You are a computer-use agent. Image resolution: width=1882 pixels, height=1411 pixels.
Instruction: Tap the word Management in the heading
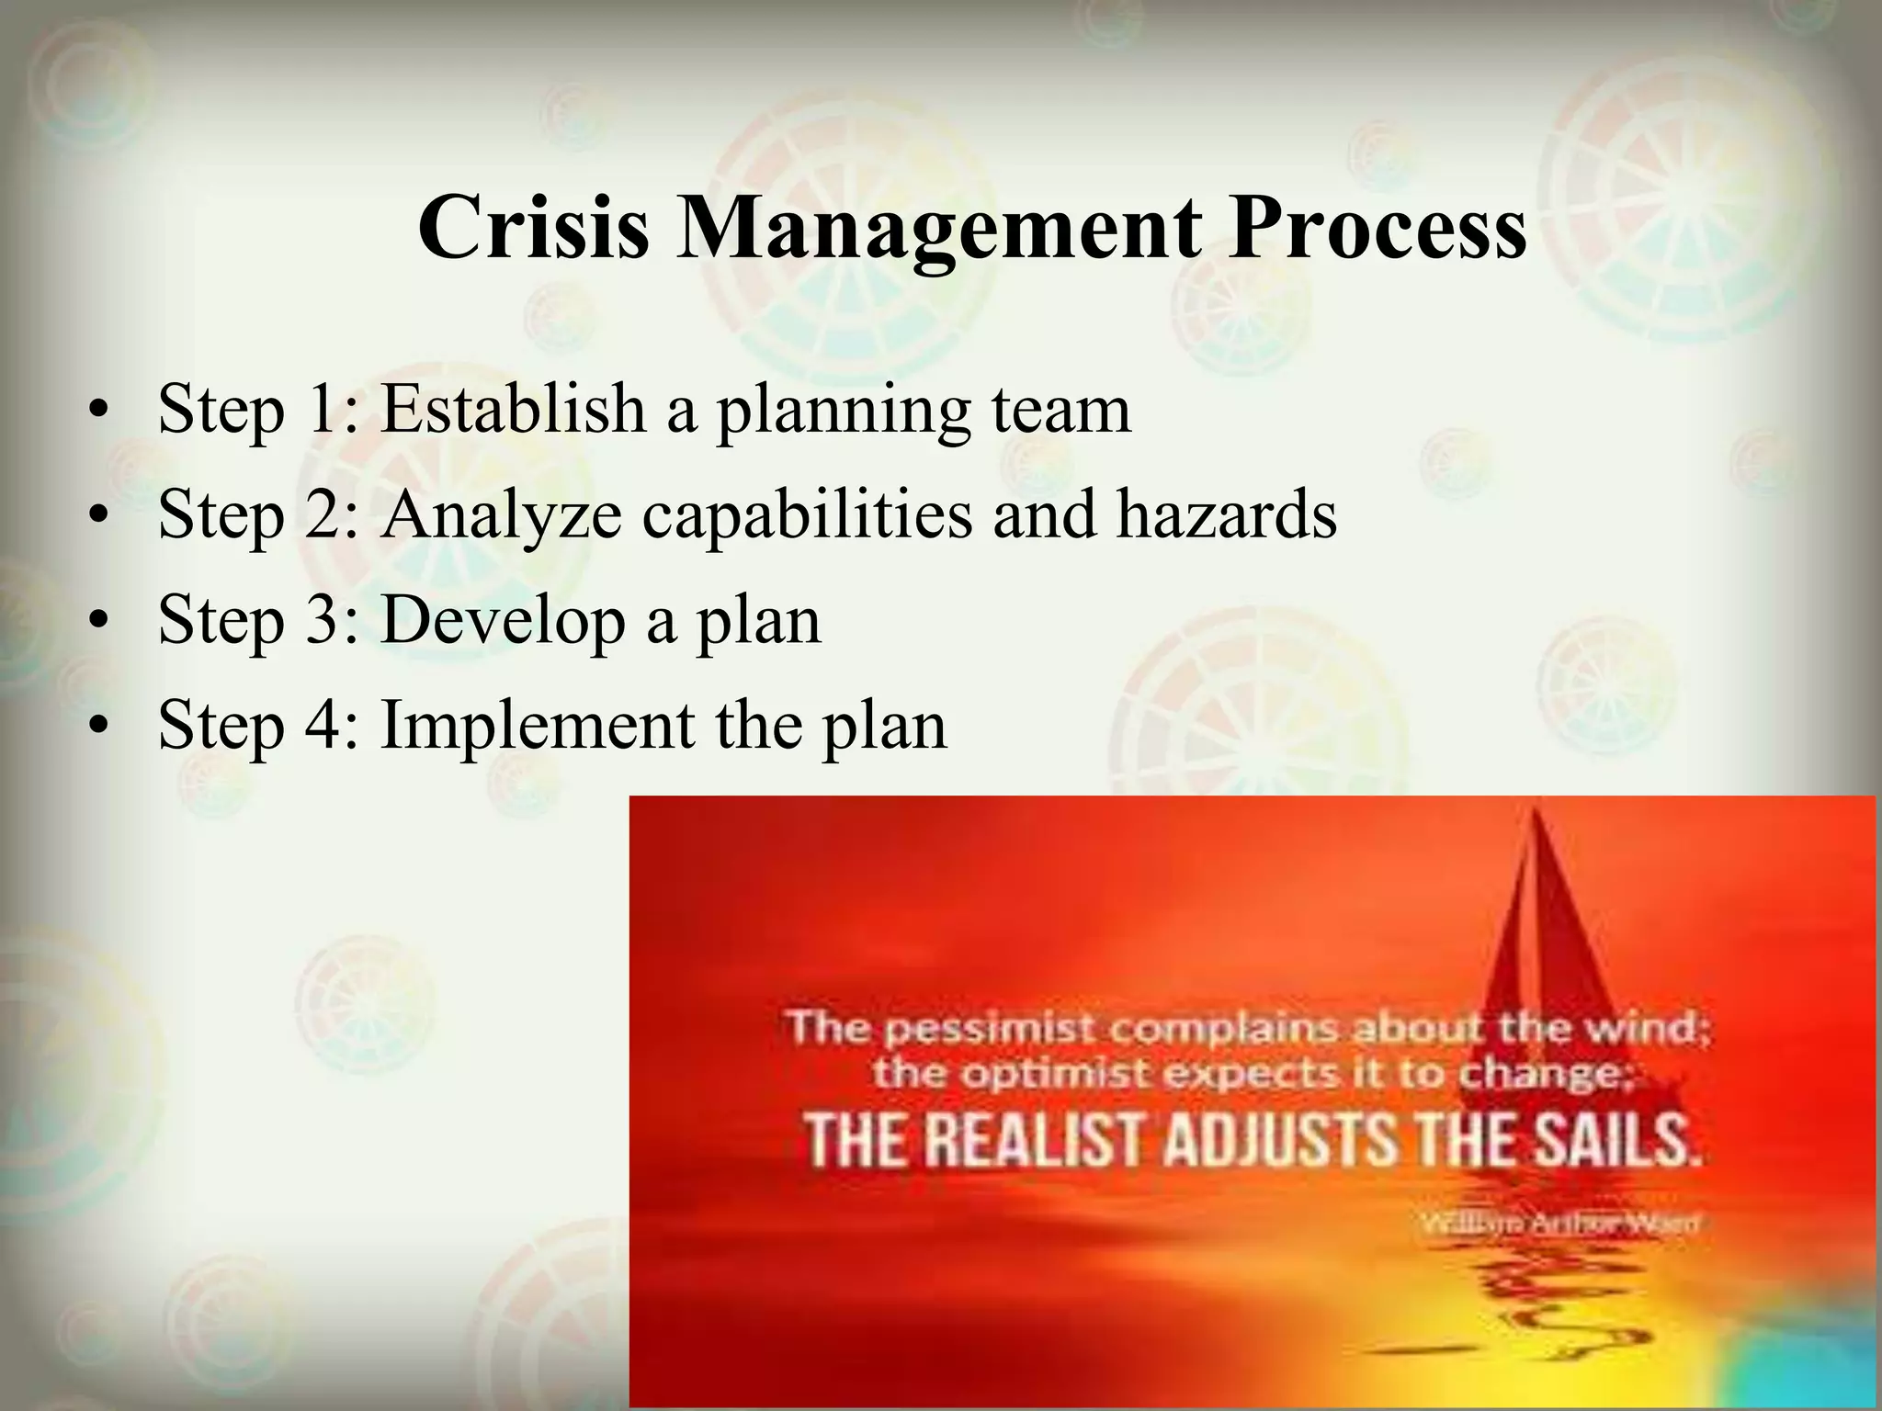click(x=938, y=230)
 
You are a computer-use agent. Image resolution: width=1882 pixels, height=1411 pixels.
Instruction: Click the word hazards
click(x=1226, y=514)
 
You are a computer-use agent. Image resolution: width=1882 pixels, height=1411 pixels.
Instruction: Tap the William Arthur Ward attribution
click(x=1559, y=1223)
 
